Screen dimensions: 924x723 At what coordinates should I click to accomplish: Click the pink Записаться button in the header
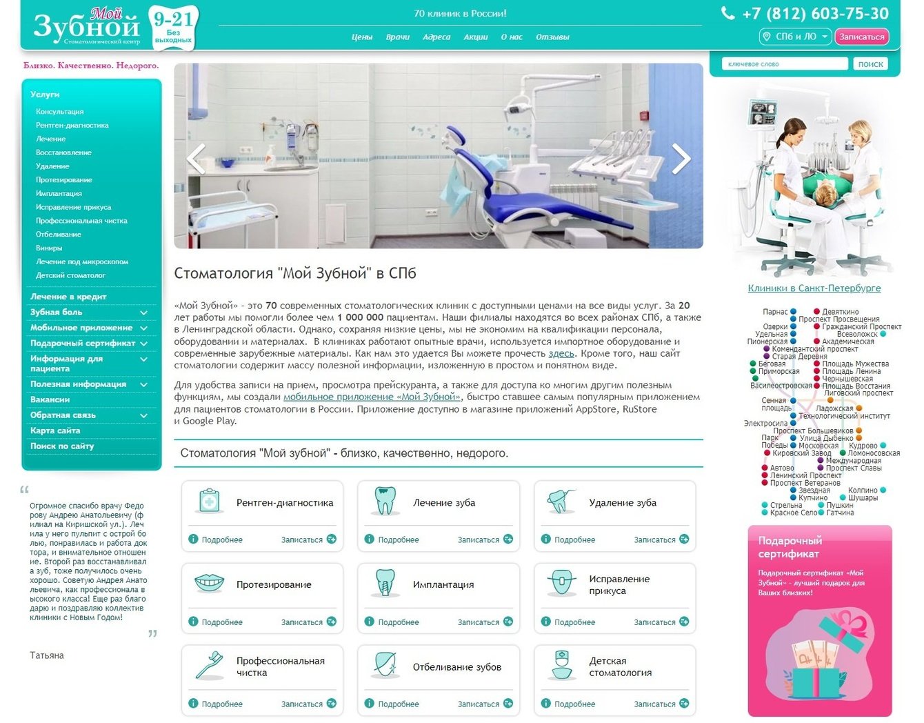(861, 37)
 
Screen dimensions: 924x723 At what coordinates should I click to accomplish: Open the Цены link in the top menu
(362, 37)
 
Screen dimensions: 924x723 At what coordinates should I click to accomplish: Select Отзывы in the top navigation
(552, 37)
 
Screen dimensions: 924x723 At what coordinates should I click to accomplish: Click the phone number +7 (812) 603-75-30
(815, 14)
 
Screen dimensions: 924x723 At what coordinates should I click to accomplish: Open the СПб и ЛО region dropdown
(795, 37)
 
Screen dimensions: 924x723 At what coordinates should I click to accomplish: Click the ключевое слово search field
(785, 64)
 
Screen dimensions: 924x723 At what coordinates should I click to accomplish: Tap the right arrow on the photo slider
(681, 159)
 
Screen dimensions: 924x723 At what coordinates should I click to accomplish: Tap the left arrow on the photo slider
(197, 159)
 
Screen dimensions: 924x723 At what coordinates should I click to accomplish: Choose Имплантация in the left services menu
(59, 193)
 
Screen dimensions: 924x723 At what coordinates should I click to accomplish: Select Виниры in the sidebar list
(49, 248)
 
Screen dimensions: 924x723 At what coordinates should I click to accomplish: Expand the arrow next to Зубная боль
(143, 313)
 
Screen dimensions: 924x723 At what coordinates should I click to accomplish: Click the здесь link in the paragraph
(561, 353)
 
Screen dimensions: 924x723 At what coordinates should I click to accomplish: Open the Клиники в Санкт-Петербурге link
(814, 288)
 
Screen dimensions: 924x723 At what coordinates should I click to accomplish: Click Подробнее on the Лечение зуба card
(399, 539)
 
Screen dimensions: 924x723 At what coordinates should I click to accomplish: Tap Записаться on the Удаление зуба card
(654, 539)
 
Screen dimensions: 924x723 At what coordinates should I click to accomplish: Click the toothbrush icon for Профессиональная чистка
(209, 665)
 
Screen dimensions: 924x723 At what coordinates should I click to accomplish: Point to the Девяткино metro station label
(840, 312)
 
